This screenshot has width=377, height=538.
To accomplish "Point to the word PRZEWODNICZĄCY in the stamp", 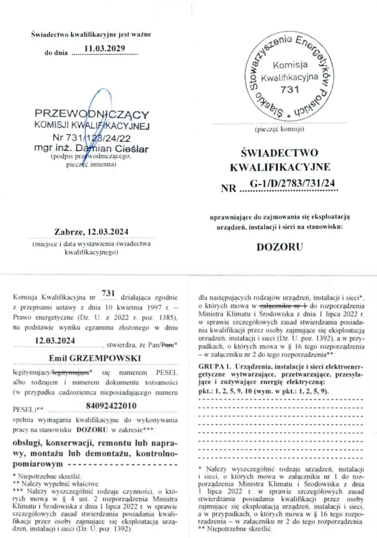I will tap(92, 114).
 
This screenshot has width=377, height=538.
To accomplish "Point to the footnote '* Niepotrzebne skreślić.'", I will tap(46, 474).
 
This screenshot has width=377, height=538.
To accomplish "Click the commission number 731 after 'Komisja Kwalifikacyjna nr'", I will tap(108, 293).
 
